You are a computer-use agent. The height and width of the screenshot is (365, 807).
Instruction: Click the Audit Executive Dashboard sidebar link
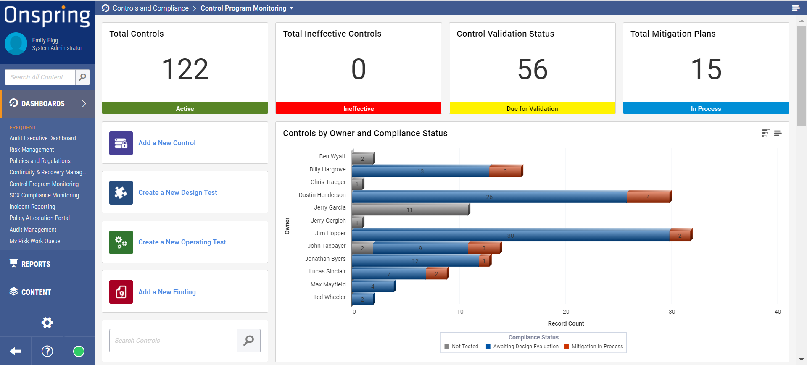[42, 138]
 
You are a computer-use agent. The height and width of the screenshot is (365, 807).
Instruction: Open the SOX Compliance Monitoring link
[44, 195]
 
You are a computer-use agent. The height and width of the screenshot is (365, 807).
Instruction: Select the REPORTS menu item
[36, 264]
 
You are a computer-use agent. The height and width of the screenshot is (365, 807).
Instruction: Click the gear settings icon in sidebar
[47, 323]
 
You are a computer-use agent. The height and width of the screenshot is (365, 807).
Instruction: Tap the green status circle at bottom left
[79, 351]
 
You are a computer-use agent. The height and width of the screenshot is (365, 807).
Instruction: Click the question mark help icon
[47, 351]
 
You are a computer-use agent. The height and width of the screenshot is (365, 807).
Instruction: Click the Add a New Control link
[167, 143]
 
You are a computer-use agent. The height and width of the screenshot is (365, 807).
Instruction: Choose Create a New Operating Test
[182, 242]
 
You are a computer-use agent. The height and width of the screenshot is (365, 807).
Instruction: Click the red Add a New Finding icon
[121, 291]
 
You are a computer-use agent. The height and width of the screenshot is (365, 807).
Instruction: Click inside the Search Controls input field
[173, 341]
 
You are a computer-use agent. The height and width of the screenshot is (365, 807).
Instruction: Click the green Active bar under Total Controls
[185, 108]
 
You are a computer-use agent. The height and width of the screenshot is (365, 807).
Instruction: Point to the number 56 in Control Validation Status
[532, 69]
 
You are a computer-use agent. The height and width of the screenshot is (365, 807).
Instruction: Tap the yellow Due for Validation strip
[532, 108]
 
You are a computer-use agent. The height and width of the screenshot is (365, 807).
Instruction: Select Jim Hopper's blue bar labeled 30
[510, 235]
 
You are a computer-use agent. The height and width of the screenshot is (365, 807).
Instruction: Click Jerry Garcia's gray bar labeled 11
[410, 210]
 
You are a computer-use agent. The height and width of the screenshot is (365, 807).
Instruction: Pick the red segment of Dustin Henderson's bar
[648, 197]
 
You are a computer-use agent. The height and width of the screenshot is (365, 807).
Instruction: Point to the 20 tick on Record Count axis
[566, 312]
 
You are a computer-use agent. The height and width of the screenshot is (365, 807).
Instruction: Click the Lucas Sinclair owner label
[327, 271]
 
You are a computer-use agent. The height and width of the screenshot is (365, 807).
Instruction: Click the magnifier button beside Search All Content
[82, 77]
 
